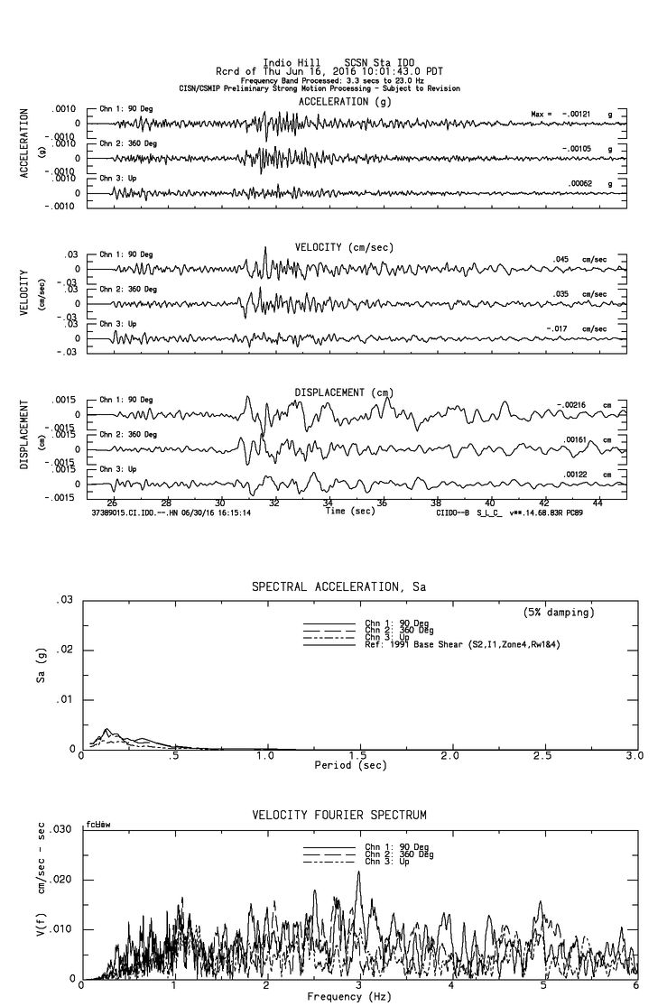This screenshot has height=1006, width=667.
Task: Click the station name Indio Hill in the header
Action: point(286,63)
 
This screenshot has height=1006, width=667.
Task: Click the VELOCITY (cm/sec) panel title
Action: point(344,247)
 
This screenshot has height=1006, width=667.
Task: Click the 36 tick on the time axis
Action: point(382,503)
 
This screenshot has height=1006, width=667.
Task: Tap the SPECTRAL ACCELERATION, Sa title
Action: point(338,586)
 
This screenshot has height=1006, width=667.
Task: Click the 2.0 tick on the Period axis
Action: point(450,755)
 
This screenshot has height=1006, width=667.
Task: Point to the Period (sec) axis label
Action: point(351,765)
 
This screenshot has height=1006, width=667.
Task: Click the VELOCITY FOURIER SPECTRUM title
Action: point(338,816)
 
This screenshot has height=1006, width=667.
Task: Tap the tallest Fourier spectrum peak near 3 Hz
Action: point(358,872)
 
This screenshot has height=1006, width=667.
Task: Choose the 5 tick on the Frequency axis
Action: point(544,986)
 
